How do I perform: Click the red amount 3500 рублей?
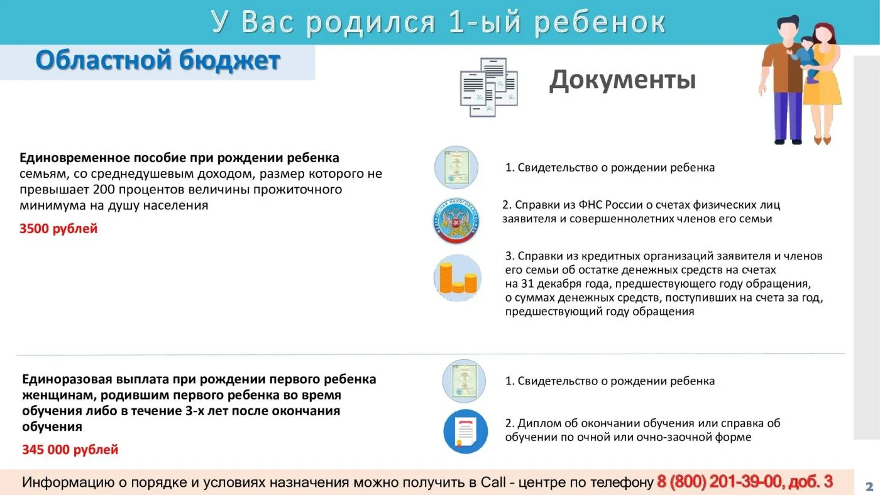point(58,229)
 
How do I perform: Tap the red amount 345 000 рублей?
point(70,450)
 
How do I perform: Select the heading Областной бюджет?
point(158,60)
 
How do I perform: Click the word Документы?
point(622,80)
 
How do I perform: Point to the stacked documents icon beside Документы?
point(489,87)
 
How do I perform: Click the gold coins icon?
point(458,278)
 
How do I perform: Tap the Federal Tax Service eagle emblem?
point(456,220)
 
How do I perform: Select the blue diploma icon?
point(466,432)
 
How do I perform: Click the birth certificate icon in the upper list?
point(456,167)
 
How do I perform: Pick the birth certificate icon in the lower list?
point(464,381)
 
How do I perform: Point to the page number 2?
point(869,487)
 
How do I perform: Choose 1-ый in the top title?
point(484,21)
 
